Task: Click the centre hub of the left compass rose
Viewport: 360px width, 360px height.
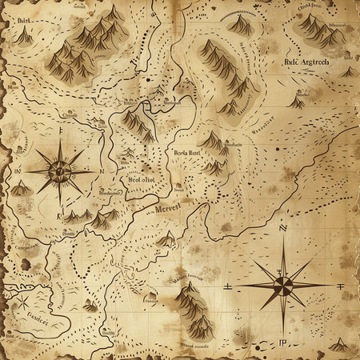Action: pyautogui.click(x=59, y=170)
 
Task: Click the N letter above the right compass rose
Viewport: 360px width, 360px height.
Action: pyautogui.click(x=282, y=228)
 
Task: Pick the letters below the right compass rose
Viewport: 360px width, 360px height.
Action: pyautogui.click(x=282, y=343)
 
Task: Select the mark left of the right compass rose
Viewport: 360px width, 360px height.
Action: pyautogui.click(x=229, y=285)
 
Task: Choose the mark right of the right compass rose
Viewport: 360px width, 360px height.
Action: pyautogui.click(x=340, y=285)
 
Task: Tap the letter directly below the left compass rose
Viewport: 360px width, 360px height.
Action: pyautogui.click(x=58, y=217)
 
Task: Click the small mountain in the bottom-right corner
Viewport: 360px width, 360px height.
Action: pyautogui.click(x=339, y=345)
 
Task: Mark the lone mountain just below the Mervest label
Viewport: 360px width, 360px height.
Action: pyautogui.click(x=166, y=238)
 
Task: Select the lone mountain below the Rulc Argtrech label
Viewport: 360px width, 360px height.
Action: pyautogui.click(x=297, y=102)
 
